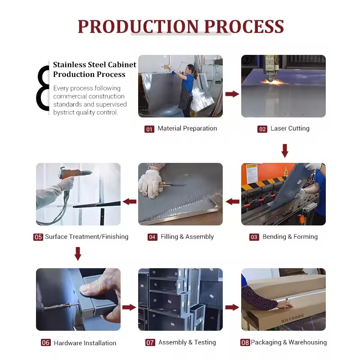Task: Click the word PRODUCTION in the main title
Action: [138, 27]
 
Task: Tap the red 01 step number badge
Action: [149, 129]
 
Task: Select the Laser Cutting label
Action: [290, 128]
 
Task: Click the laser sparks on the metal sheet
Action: [273, 81]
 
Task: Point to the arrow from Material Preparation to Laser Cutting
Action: [232, 94]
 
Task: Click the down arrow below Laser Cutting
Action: [285, 151]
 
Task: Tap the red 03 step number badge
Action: [254, 237]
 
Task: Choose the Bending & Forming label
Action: [290, 237]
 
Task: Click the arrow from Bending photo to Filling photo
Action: [232, 202]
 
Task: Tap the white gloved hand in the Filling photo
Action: [149, 183]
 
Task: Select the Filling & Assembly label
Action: [187, 237]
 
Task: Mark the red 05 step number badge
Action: [38, 237]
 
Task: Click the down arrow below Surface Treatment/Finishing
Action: [78, 254]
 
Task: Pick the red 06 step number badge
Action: [46, 343]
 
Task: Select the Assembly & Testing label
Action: [187, 342]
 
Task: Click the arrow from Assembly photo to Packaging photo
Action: [232, 307]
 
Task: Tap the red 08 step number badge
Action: [245, 342]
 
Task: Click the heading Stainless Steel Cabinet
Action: [94, 64]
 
